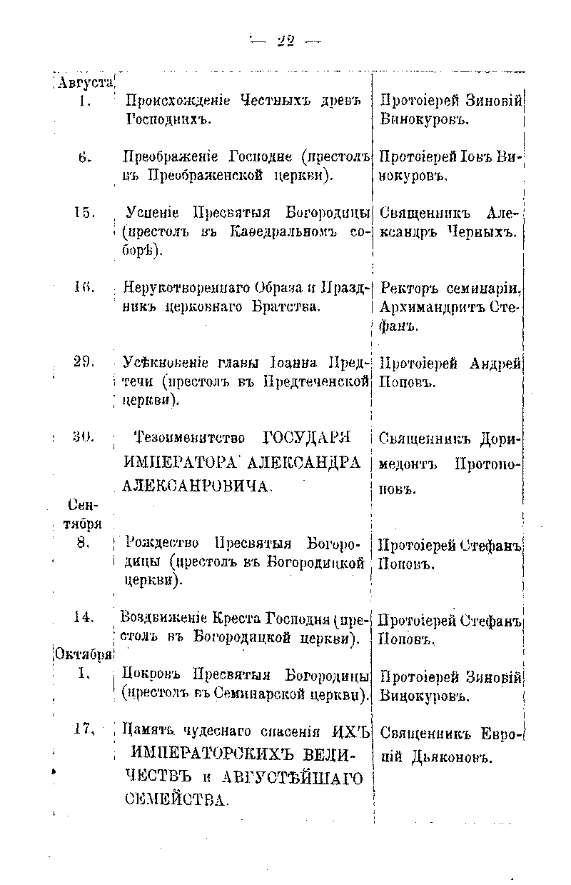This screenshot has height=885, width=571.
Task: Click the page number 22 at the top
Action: click(x=285, y=41)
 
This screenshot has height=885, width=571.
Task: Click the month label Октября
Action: click(x=83, y=654)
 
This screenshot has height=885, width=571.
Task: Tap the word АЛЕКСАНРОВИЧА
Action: click(x=198, y=486)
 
